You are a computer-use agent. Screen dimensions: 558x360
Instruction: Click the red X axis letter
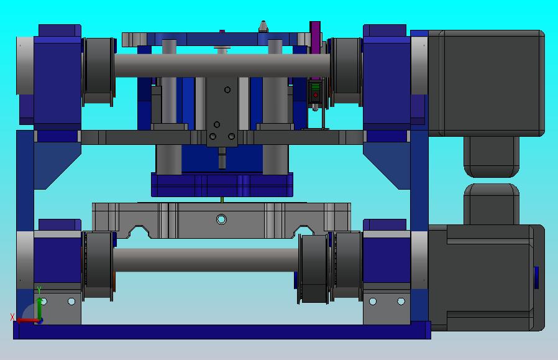[x=12, y=316]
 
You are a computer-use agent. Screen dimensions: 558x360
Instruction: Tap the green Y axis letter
[x=39, y=290]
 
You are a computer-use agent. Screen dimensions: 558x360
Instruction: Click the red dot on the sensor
[x=315, y=95]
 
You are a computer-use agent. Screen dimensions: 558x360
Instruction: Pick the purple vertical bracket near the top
[x=315, y=50]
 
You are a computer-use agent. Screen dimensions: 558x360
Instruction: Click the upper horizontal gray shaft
[x=222, y=65]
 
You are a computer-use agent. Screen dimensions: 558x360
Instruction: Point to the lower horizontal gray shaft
[x=206, y=259]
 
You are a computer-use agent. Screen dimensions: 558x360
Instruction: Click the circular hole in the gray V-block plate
[x=221, y=219]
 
